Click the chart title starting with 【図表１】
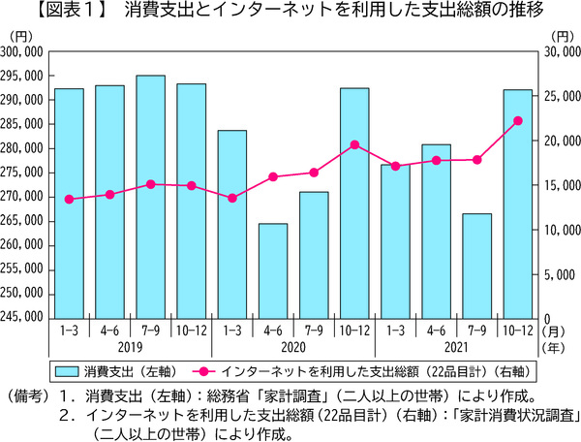pyautogui.click(x=290, y=13)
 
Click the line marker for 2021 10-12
pyautogui.click(x=517, y=120)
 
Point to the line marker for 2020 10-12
pyautogui.click(x=354, y=144)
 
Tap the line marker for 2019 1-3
pyautogui.click(x=69, y=199)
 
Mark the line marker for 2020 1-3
pyautogui.click(x=232, y=198)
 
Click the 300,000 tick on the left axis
pyautogui.click(x=22, y=51)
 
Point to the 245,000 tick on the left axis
pyautogui.click(x=22, y=317)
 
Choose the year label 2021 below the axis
pyautogui.click(x=456, y=346)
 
